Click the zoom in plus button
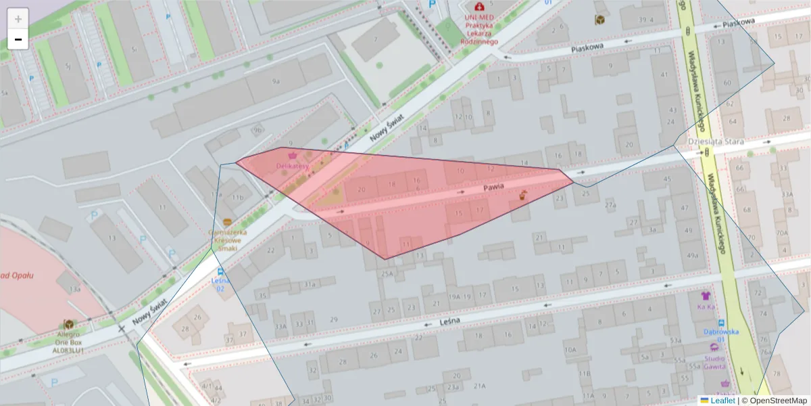pyautogui.click(x=18, y=18)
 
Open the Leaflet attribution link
pyautogui.click(x=722, y=401)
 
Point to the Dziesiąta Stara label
pyautogui.click(x=715, y=141)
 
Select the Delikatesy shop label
pyautogui.click(x=293, y=166)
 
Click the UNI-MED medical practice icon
pyautogui.click(x=480, y=7)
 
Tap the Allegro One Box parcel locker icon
pyautogui.click(x=68, y=324)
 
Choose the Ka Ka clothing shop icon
pyautogui.click(x=706, y=296)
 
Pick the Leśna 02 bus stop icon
pyautogui.click(x=221, y=271)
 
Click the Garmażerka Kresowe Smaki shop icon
pyautogui.click(x=227, y=222)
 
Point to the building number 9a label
pyautogui.click(x=276, y=81)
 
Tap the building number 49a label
pyautogui.click(x=692, y=255)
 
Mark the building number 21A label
pyautogui.click(x=479, y=386)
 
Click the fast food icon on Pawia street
pyautogui.click(x=522, y=196)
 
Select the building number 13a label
pyautogui.click(x=74, y=289)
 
